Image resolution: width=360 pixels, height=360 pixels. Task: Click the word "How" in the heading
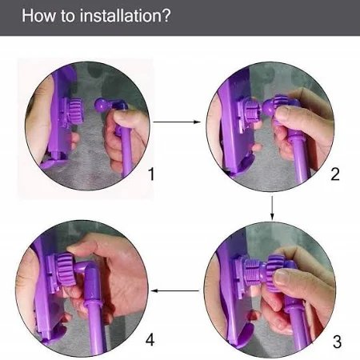tap(39, 16)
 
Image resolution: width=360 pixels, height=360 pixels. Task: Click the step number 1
tap(151, 174)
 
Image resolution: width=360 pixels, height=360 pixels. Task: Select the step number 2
tap(335, 174)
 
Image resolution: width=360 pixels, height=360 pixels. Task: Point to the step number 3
tap(337, 342)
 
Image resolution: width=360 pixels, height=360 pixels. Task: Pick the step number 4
tap(150, 340)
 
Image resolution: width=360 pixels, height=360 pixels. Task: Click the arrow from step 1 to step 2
tap(177, 122)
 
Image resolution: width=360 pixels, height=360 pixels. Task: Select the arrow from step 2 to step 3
tap(272, 208)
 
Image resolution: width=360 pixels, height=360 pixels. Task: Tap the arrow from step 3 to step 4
tap(174, 290)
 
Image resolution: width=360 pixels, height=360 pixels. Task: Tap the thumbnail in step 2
tap(282, 112)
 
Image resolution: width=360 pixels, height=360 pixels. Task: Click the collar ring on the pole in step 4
tap(94, 303)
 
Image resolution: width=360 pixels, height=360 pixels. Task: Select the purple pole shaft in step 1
tap(126, 154)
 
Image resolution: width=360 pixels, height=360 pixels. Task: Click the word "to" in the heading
tap(68, 16)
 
